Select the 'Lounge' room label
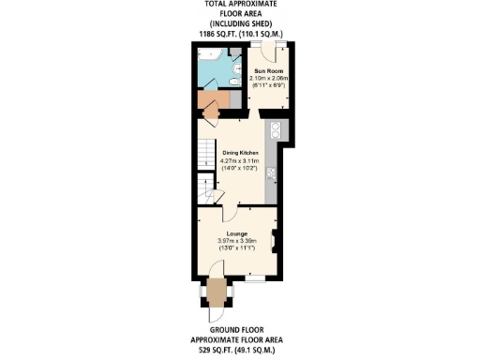(236, 233)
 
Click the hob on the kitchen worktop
(272, 172)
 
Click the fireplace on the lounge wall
(273, 240)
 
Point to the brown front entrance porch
(217, 293)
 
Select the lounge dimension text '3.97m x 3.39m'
(236, 241)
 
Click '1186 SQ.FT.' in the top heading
(217, 34)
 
